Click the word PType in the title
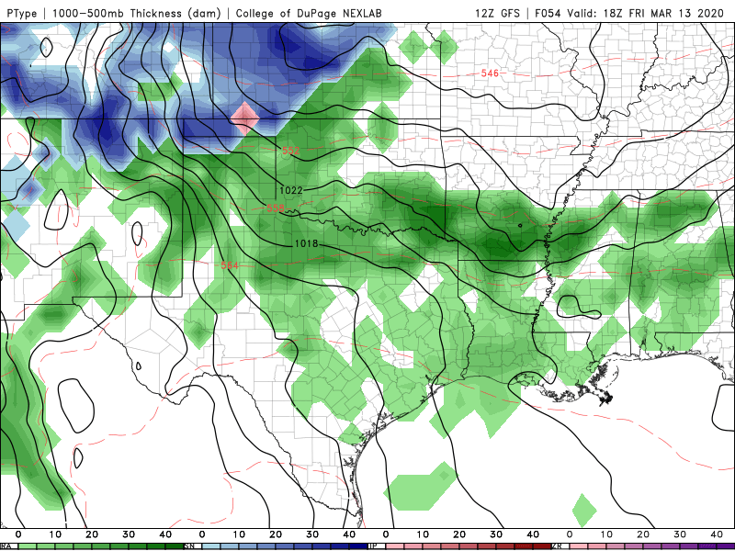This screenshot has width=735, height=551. point(19,13)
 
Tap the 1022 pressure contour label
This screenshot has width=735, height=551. point(292,190)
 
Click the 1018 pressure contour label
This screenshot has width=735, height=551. point(307,243)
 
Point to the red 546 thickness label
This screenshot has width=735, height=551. point(490,73)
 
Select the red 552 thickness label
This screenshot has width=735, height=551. point(291,150)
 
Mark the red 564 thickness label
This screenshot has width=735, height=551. point(231,265)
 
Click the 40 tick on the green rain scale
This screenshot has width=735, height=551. point(165,534)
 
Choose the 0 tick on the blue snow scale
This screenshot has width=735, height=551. point(202,534)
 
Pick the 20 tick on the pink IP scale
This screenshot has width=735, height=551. point(459,534)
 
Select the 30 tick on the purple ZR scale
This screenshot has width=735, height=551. point(680,534)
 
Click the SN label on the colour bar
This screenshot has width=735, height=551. point(189,546)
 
